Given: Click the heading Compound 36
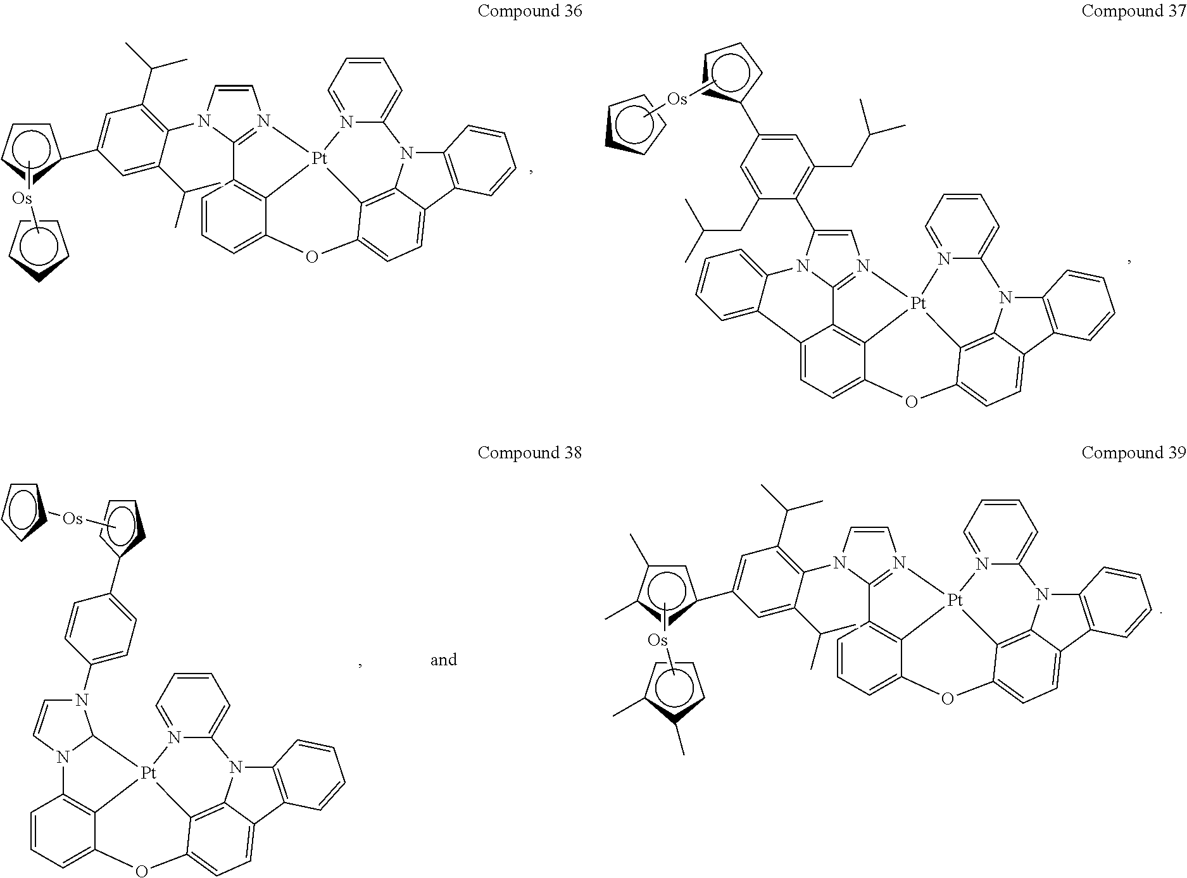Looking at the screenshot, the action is (x=529, y=11).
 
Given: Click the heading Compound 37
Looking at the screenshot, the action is (x=1133, y=11).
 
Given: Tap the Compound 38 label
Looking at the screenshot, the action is (x=529, y=453).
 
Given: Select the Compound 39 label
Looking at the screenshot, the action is (x=1133, y=453).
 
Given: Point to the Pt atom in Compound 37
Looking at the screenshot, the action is (x=918, y=304).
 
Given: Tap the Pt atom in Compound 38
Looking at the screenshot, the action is (x=148, y=773).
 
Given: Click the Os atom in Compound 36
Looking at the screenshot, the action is (x=22, y=199).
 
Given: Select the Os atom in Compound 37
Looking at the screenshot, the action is (x=677, y=99).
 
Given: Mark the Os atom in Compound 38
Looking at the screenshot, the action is (x=72, y=519).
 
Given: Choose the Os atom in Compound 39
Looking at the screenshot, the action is (x=658, y=641).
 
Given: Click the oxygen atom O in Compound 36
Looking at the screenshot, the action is (x=311, y=257).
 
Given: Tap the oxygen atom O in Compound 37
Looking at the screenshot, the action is (x=911, y=401).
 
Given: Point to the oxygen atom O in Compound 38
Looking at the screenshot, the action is (x=141, y=871).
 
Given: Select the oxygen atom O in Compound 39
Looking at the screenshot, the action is (x=946, y=699).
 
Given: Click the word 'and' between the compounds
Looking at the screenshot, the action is (x=443, y=660).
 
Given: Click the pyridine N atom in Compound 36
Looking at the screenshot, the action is (x=346, y=122).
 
